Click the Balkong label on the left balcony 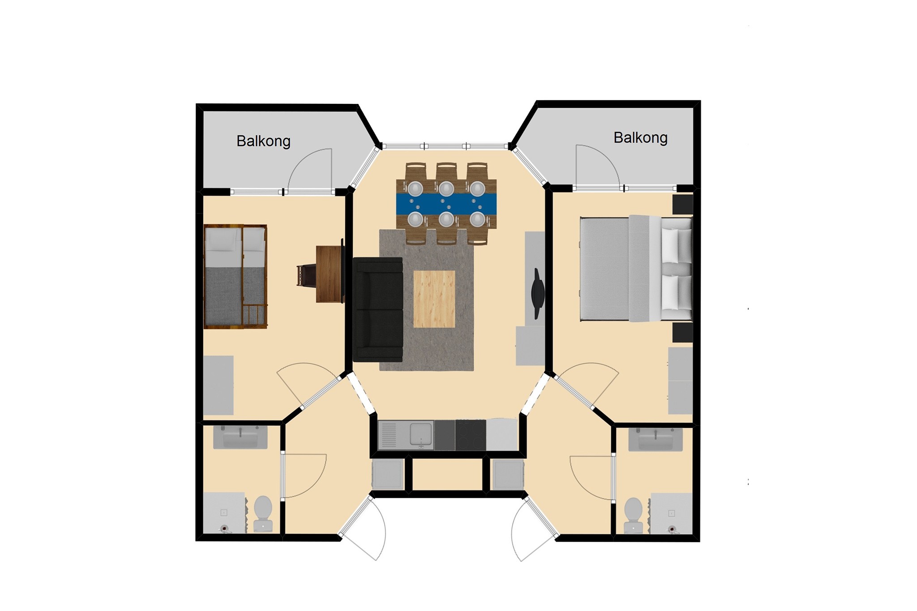263,141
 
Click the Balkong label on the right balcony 640,138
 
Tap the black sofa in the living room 378,309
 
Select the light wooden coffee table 434,299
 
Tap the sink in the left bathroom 240,437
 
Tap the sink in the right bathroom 656,439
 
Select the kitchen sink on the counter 420,436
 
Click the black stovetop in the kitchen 471,435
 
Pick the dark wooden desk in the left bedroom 330,273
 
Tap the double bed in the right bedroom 636,268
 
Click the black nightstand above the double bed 683,204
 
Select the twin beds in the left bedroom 236,277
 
